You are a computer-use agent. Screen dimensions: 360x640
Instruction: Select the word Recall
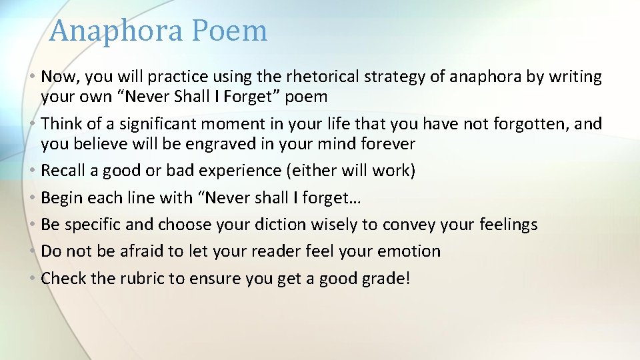(63, 171)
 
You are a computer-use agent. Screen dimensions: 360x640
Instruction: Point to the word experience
(242, 171)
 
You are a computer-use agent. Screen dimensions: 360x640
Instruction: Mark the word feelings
(508, 225)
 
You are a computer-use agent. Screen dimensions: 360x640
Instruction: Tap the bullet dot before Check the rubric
(33, 278)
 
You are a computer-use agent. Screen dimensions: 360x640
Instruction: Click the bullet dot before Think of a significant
(33, 123)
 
